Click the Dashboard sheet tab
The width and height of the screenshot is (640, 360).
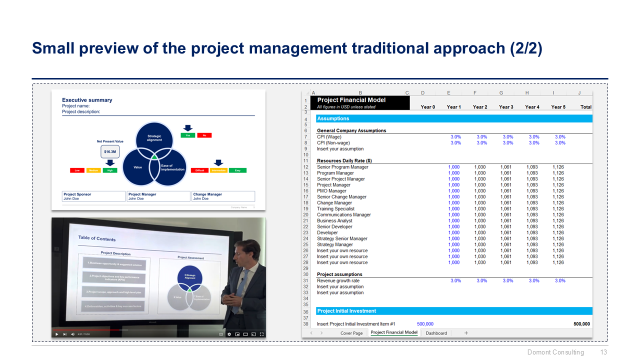436,333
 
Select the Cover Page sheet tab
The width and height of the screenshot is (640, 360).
351,333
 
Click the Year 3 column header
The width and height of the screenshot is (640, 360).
505,107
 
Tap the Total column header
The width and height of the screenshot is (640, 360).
585,107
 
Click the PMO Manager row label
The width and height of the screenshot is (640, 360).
331,191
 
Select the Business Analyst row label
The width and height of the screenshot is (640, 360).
334,220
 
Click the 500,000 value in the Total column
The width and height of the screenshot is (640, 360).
581,324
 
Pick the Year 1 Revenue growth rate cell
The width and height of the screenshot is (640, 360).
455,280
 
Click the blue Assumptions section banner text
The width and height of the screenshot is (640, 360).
333,119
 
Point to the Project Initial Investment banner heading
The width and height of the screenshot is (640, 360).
346,311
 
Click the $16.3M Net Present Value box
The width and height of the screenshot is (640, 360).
110,151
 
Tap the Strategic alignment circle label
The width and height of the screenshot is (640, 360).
154,138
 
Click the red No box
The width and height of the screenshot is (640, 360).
204,135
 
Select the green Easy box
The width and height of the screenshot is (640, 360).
237,170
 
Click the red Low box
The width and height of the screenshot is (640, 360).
77,170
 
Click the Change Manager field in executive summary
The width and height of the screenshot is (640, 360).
223,196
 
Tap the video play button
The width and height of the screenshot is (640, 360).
56,334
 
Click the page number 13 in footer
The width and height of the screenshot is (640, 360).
603,352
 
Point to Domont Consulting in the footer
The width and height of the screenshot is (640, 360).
555,352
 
